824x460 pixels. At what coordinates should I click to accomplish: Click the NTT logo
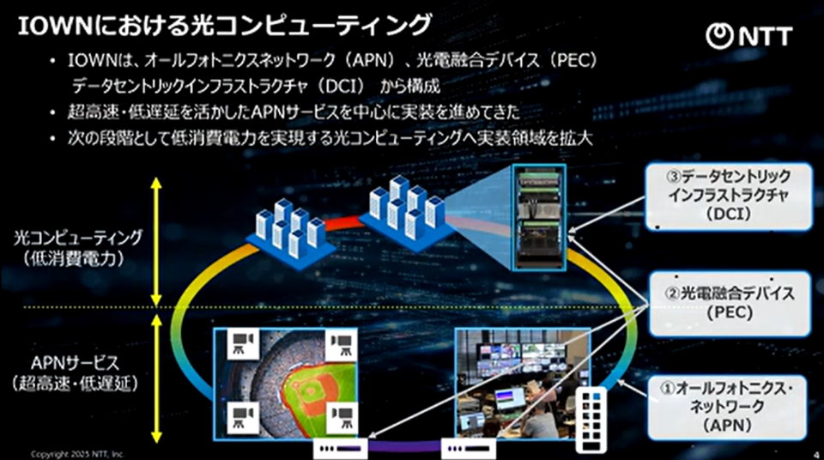click(x=748, y=36)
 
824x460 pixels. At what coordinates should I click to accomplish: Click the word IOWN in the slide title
click(x=56, y=26)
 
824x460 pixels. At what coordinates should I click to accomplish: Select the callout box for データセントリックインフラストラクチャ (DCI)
click(x=729, y=196)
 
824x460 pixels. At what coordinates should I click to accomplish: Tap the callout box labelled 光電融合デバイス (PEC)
click(x=730, y=303)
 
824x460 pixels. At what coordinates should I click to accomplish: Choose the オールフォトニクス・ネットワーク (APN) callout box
click(x=727, y=408)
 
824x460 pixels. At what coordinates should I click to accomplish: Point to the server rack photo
click(x=540, y=218)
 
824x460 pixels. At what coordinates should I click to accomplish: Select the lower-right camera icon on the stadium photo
click(x=342, y=418)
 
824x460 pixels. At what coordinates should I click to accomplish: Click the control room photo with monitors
click(x=523, y=384)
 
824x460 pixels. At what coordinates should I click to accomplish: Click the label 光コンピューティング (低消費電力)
click(x=77, y=247)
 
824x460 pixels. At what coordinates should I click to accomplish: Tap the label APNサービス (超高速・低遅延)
click(x=76, y=372)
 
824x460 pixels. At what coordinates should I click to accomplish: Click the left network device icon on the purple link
click(x=341, y=449)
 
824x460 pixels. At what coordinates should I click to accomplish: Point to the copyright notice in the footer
click(x=76, y=454)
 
